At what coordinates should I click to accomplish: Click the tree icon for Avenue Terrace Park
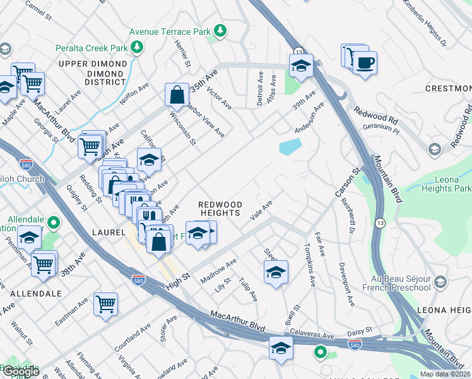220,30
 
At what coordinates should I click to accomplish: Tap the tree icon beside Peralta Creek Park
136,47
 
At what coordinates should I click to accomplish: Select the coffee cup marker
365,63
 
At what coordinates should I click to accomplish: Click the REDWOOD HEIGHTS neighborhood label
220,208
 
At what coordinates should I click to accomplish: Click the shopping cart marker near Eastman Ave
105,304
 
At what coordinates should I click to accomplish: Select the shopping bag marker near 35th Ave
177,95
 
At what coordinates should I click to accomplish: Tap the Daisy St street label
360,330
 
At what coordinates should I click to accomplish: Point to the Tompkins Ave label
309,265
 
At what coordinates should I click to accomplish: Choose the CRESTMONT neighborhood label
448,88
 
